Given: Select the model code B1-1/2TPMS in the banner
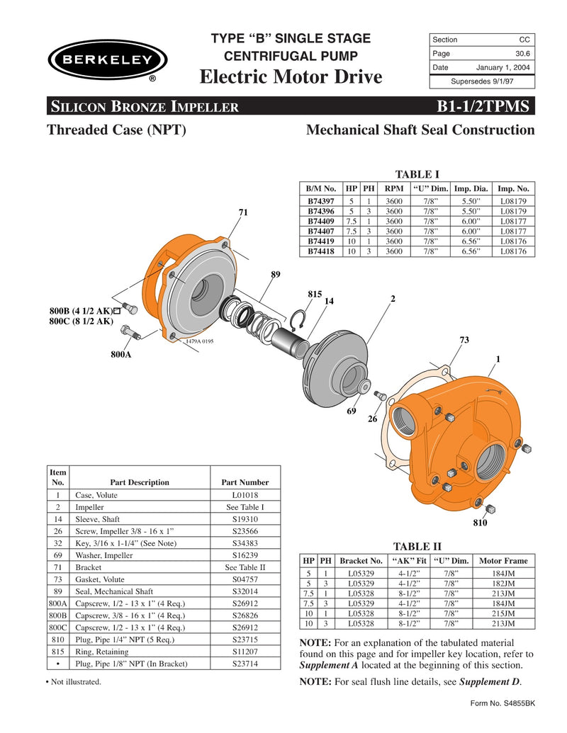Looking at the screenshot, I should (483, 106).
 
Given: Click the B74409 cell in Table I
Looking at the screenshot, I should (320, 220).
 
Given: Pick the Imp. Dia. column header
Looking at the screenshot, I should (471, 189).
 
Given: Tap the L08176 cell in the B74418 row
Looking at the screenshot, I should (513, 251).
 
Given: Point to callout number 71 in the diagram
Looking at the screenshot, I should (243, 212).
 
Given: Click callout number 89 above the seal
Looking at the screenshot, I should (276, 273).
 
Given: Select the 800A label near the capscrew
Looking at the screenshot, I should (120, 353).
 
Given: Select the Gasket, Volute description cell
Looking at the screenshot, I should (99, 579).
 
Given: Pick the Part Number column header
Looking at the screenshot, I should (245, 482).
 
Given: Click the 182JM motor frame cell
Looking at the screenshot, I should (503, 583).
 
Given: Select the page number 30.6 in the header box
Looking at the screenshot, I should (524, 53).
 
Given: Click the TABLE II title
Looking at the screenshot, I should (417, 546).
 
